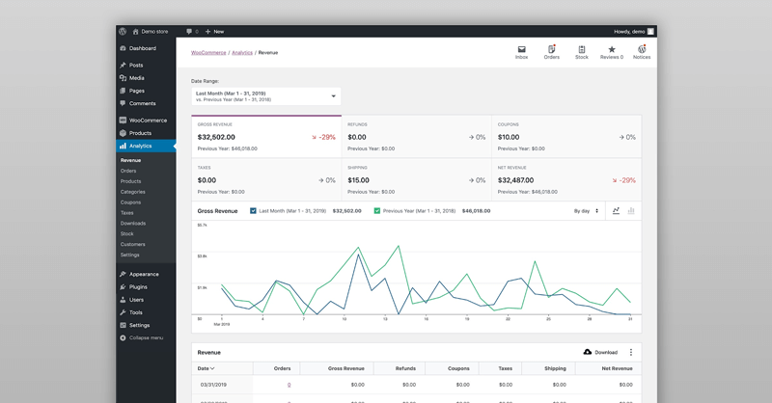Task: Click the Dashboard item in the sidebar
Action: (x=142, y=48)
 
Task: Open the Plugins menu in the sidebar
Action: (x=138, y=286)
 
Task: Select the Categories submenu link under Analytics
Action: (x=133, y=192)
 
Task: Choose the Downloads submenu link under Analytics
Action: (x=133, y=223)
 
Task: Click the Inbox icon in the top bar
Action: (x=522, y=52)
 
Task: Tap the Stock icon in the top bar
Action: (x=581, y=52)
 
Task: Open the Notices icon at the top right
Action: (x=641, y=52)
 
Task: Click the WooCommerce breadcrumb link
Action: (x=208, y=52)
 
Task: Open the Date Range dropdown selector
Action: (x=265, y=96)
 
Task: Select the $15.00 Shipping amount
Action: (x=358, y=180)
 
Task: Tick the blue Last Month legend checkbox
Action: (x=254, y=210)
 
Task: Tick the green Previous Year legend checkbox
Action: (x=377, y=210)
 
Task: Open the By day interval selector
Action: (x=586, y=210)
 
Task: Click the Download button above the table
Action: (x=600, y=353)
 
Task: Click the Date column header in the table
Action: (x=206, y=368)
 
